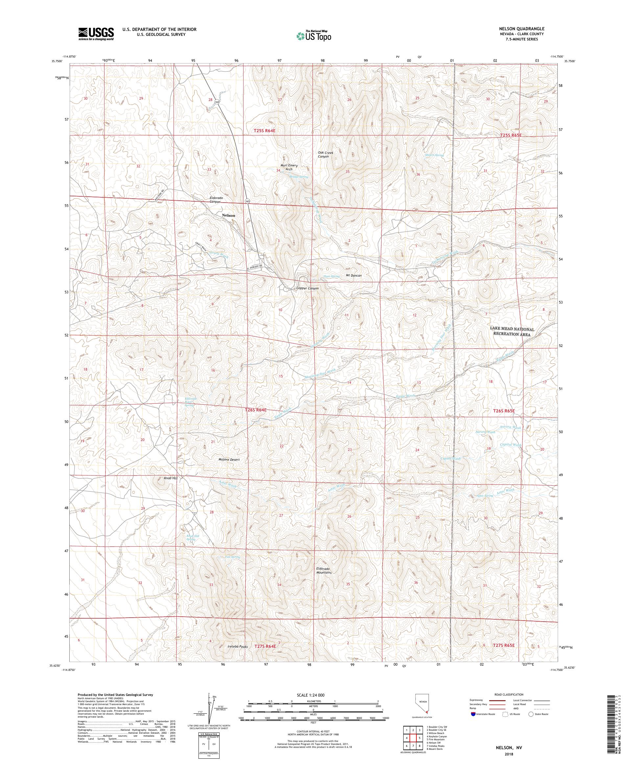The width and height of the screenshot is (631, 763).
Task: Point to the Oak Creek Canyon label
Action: (326, 155)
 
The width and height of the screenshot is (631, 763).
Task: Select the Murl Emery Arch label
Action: (289, 167)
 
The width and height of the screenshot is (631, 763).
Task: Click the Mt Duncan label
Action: (354, 275)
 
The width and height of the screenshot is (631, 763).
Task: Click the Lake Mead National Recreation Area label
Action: (512, 332)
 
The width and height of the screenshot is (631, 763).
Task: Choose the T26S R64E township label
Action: (256, 410)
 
